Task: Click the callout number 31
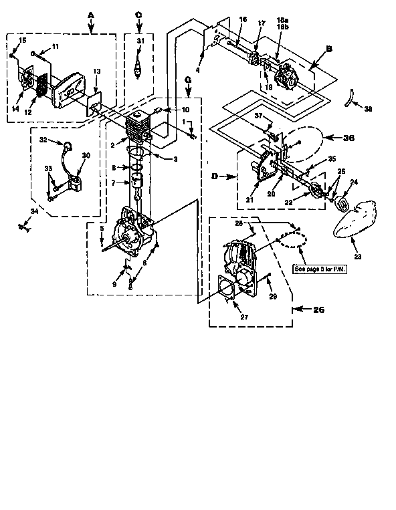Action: click(138, 42)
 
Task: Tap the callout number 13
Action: click(96, 70)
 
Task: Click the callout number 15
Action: click(23, 41)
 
